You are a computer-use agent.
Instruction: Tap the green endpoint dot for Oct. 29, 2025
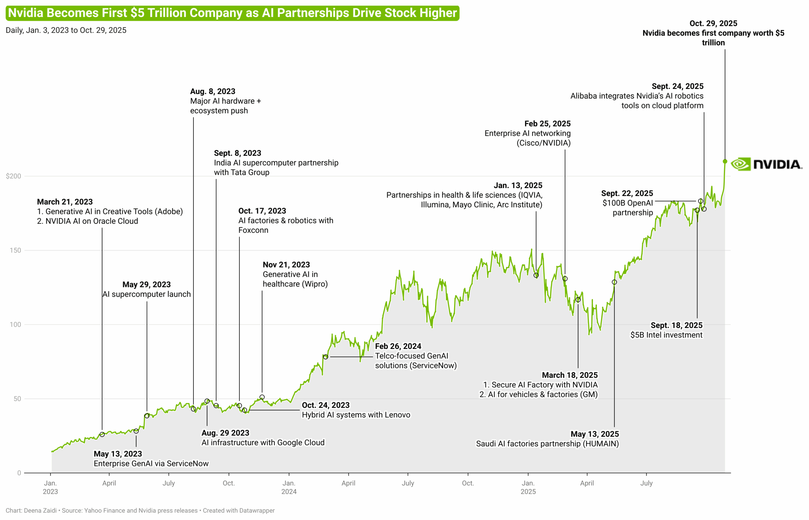coord(725,162)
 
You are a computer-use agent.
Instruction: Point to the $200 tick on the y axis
coord(14,176)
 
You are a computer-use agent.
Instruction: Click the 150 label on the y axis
coord(15,250)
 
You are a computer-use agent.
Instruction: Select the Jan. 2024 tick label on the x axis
coord(289,487)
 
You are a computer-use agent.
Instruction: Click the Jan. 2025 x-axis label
coord(528,487)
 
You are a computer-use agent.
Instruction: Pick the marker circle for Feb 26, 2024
coord(325,357)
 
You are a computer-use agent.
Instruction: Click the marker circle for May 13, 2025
coord(614,282)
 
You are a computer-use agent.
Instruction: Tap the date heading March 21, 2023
coord(64,202)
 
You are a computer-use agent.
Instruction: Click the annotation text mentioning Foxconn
coord(285,225)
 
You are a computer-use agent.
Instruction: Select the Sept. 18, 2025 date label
coord(676,325)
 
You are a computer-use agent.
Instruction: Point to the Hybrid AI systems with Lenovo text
coord(356,415)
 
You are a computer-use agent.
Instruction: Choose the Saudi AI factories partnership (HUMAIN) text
coord(547,443)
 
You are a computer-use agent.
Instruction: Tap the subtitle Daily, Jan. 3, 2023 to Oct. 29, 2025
coord(66,30)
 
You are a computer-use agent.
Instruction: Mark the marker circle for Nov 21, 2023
coord(262,397)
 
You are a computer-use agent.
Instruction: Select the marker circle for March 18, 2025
coord(578,299)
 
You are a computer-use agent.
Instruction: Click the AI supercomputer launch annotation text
coord(146,294)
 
